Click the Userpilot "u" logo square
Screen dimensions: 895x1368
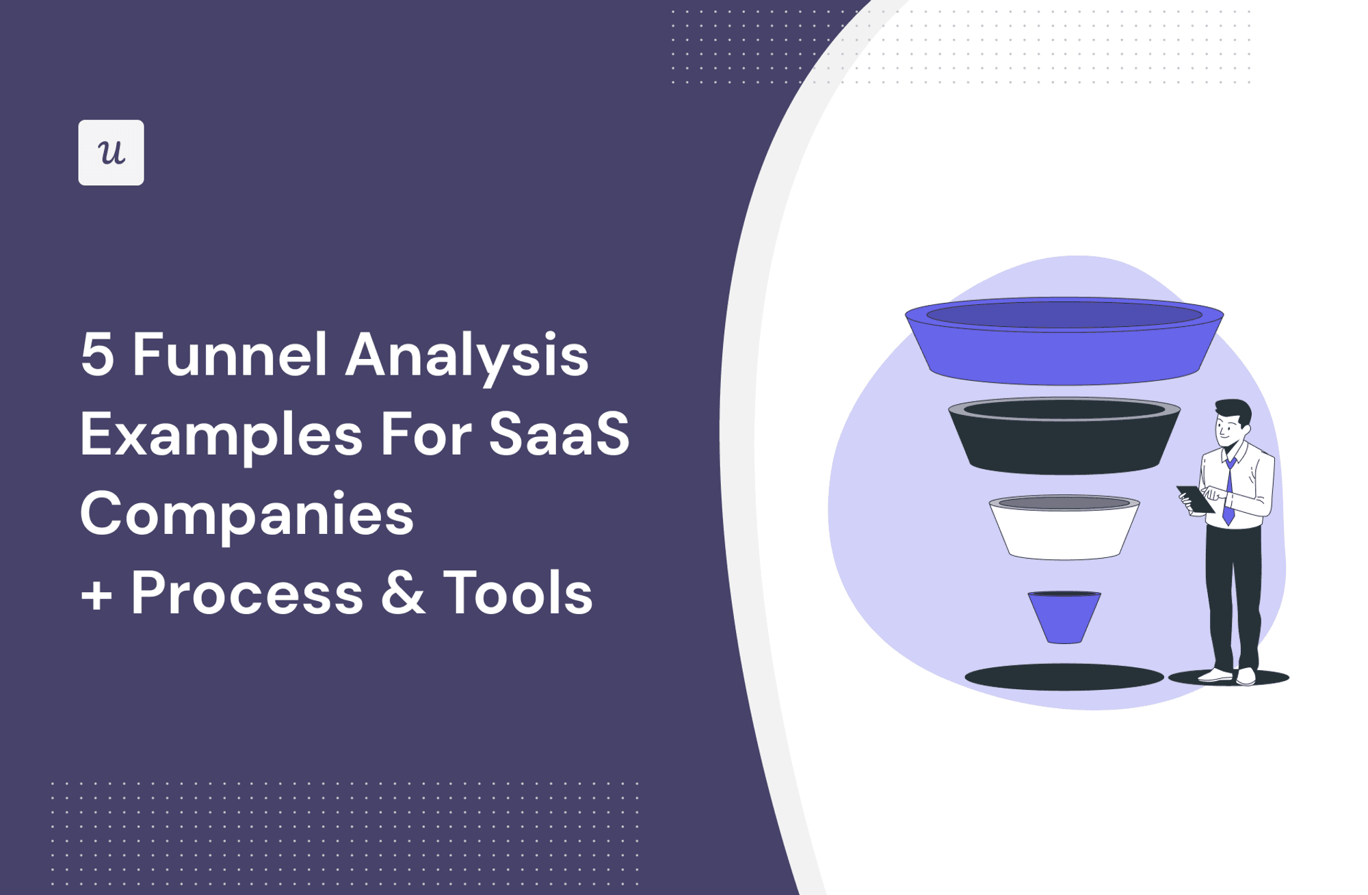(111, 152)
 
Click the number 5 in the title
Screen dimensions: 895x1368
(96, 356)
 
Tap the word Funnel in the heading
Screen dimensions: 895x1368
(229, 356)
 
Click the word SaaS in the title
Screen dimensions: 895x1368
(559, 435)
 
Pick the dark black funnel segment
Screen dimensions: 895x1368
(1064, 444)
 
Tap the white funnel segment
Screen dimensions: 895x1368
(1064, 533)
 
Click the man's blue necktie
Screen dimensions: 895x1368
(1229, 492)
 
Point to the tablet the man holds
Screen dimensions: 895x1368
(1194, 498)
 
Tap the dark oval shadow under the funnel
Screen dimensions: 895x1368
(1064, 678)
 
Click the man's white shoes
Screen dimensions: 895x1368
(1231, 676)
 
